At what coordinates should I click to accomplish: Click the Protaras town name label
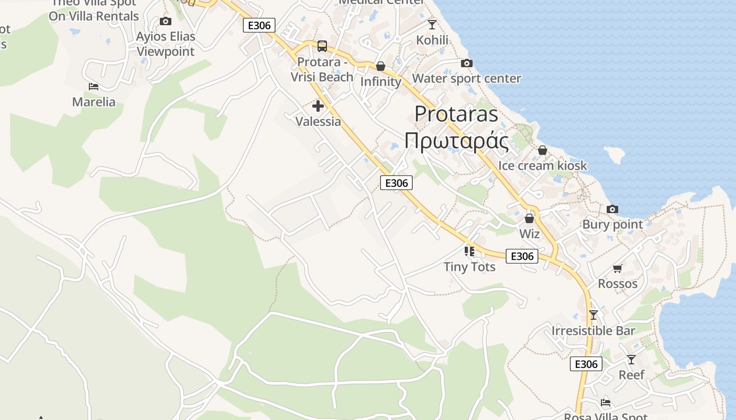coord(456,114)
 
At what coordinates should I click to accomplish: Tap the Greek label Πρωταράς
coord(456,141)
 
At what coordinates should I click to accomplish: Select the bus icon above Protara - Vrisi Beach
coord(322,46)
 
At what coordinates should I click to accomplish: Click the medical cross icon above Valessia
coord(318,106)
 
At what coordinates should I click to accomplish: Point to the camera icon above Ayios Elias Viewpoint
coord(166,22)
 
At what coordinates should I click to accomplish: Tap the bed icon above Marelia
coord(94,87)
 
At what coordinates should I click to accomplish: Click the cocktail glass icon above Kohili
coord(432,24)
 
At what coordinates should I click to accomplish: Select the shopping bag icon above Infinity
coord(381,66)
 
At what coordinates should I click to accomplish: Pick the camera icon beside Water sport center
coord(466,64)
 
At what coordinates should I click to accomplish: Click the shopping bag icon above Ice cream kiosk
coord(543,151)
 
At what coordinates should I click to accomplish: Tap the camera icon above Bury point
coord(612,209)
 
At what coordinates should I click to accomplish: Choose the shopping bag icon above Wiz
coord(529,218)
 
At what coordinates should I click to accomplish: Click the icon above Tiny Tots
coord(469,251)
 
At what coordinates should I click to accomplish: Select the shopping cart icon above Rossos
coord(618,269)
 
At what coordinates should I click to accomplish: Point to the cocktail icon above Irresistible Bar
coord(594,315)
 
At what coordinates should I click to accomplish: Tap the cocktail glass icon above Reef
coord(631,360)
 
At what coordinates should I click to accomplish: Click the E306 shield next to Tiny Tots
coord(522,256)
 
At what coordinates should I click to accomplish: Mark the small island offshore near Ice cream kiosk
coord(616,154)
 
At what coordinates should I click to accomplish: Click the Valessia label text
coord(318,122)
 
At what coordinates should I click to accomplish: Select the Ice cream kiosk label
coord(543,166)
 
